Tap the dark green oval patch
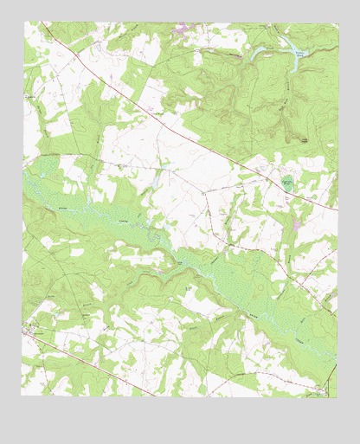pos(287,183)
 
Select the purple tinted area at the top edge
pos(182,31)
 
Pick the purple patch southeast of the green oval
pos(297,225)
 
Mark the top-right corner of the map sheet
pos(337,23)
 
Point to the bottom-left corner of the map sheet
pos(22,396)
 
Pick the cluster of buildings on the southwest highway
pos(35,331)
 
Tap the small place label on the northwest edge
pos(32,97)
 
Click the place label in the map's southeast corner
pos(322,389)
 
